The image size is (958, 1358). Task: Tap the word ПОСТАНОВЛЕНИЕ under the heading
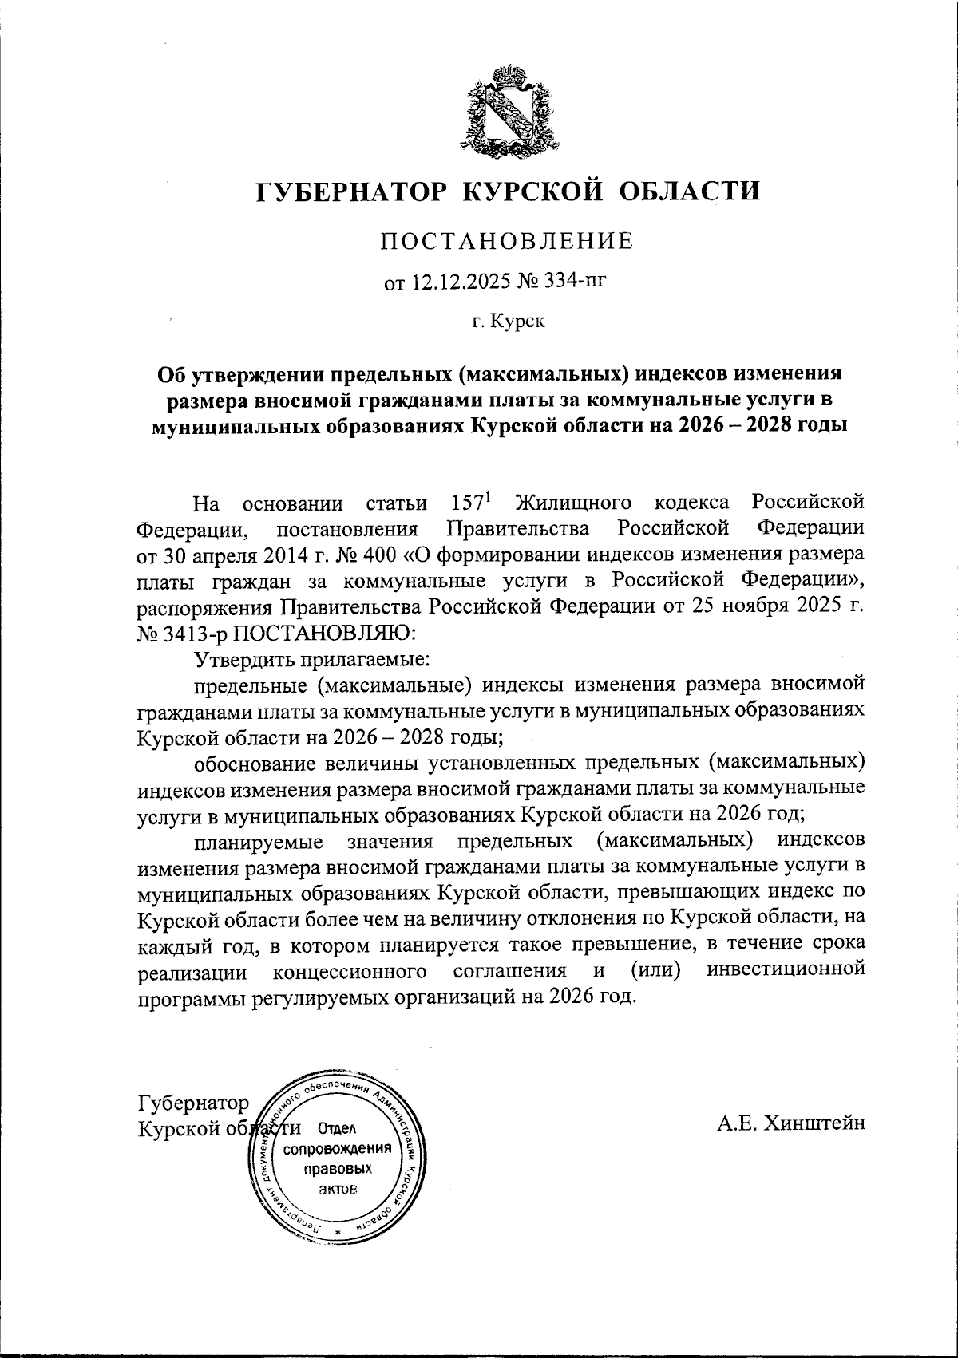506,240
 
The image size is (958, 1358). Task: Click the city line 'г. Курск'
507,322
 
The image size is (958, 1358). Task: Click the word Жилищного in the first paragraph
574,504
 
